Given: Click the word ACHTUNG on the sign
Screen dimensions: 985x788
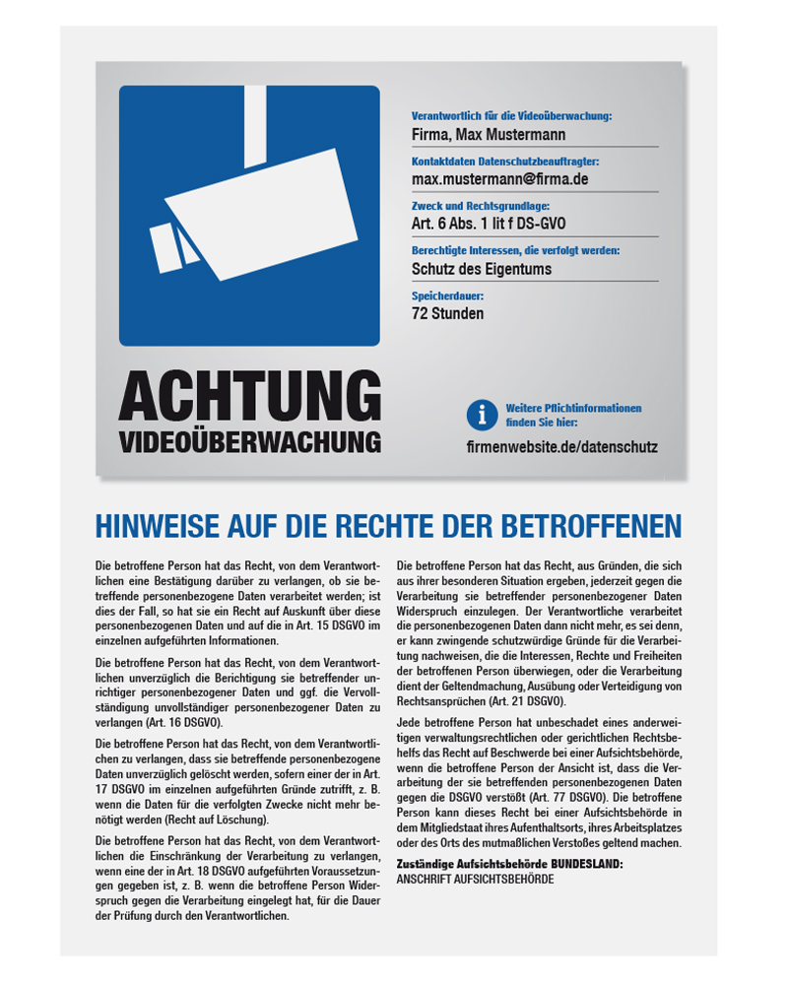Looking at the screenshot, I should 249,396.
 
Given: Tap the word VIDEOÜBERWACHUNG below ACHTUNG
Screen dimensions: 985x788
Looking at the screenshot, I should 249,440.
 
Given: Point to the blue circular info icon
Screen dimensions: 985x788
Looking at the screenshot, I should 481,415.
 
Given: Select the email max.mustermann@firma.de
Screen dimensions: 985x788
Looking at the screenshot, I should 499,179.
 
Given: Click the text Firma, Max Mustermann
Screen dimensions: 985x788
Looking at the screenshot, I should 489,135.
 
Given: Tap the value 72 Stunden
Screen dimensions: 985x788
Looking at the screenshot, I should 447,314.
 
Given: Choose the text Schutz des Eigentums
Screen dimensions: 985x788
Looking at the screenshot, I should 481,269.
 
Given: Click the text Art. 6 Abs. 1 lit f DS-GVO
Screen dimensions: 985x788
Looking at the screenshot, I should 489,225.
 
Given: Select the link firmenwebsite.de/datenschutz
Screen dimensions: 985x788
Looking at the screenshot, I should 561,446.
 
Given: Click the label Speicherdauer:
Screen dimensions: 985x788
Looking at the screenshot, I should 447,295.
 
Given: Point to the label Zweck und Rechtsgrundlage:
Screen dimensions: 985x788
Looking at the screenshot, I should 482,206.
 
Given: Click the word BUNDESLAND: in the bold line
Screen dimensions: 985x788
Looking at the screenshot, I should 587,864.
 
